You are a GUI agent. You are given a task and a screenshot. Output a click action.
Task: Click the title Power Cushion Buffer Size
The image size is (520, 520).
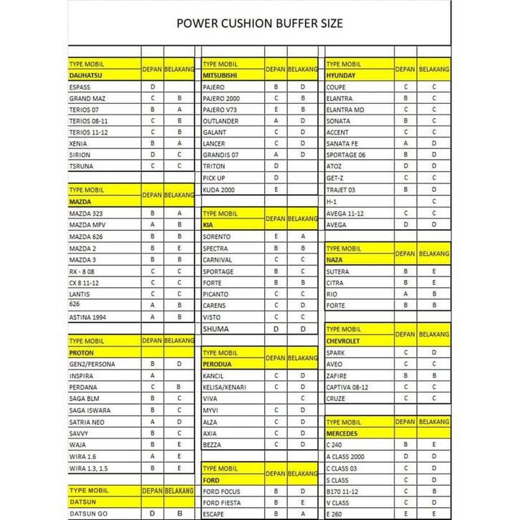coord(259,24)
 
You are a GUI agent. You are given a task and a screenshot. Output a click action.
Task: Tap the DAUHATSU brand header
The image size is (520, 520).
coord(85,74)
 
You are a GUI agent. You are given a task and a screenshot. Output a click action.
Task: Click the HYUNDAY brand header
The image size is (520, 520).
coord(341,74)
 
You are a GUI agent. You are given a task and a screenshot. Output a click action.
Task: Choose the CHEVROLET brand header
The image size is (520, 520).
coord(343,341)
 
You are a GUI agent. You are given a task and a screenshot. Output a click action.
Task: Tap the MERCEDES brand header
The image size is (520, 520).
coord(342,433)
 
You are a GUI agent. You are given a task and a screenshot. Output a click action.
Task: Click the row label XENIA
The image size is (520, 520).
coord(78,143)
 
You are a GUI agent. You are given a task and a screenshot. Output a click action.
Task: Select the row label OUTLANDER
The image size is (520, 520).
coord(221,121)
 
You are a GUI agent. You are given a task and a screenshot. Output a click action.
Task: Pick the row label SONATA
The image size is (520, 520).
coord(338,121)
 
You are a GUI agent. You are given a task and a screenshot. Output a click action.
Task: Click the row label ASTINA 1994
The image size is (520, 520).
coord(88,317)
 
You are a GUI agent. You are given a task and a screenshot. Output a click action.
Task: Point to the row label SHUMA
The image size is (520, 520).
coord(216,329)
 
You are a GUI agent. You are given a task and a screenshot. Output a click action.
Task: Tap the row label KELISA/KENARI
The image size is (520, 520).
coord(225,387)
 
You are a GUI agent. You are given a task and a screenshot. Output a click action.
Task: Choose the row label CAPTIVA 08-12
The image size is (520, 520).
coord(348,387)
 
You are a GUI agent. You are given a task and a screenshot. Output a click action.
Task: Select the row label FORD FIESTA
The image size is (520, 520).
coord(221,503)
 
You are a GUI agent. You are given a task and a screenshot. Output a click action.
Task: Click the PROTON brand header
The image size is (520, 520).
coord(82,353)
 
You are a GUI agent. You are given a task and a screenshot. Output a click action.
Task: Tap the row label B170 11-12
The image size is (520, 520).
coord(343,491)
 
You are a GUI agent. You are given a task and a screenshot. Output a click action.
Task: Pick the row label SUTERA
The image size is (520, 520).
coord(337,271)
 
